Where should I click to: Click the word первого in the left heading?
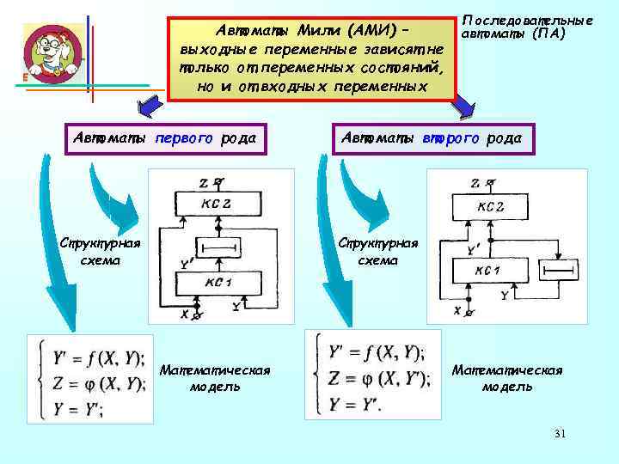179,137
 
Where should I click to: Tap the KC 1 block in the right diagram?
487,272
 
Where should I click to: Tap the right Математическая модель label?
506,378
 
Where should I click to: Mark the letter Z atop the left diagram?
202,182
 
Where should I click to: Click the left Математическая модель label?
215,378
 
